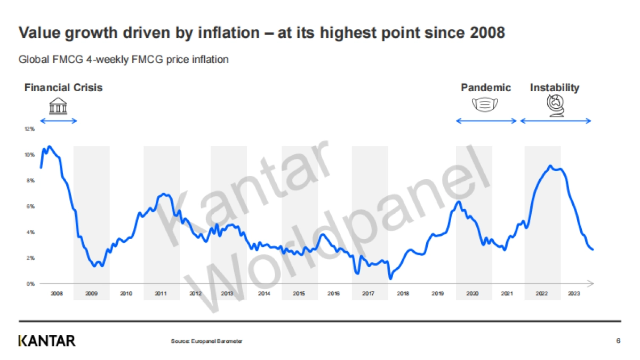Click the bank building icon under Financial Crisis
pos(58,106)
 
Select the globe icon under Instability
pos(556,105)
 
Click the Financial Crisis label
pos(63,87)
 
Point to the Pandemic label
pos(486,87)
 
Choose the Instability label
pos(555,87)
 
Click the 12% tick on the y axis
pos(30,129)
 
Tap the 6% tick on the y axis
pos(31,206)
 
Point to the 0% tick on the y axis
pos(31,284)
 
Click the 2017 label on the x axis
pos(368,293)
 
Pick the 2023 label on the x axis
pos(575,293)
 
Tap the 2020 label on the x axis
pos(472,293)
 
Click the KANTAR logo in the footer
pos(47,341)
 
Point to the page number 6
pos(618,341)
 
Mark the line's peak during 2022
pos(550,166)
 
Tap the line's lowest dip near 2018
pos(391,278)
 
